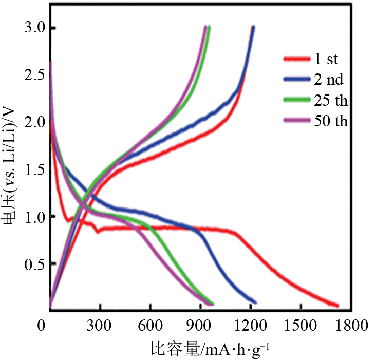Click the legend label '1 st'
(x=326, y=59)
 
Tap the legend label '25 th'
(x=330, y=100)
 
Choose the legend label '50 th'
(x=330, y=121)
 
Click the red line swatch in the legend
(x=296, y=59)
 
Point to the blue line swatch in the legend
(x=296, y=80)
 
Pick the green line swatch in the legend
(x=296, y=100)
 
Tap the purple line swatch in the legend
(x=296, y=121)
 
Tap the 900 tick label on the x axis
(x=200, y=326)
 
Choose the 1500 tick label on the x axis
(x=301, y=326)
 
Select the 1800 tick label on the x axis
(x=351, y=326)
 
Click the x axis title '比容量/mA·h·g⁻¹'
(x=210, y=350)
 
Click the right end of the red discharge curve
(x=337, y=305)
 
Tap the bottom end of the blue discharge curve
(x=255, y=302)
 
